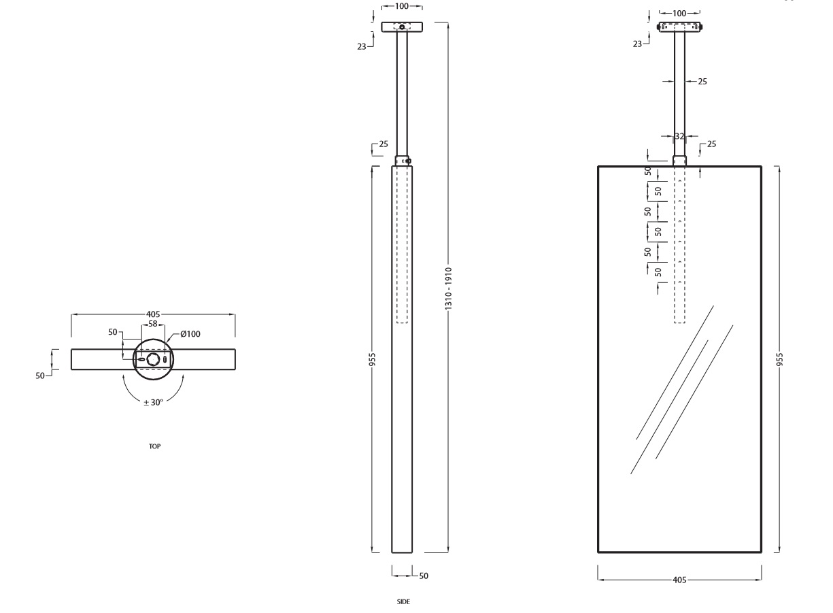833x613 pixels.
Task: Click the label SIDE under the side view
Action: [x=403, y=601]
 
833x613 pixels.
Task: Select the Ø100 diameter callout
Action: [x=190, y=334]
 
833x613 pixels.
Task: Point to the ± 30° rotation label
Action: [x=154, y=402]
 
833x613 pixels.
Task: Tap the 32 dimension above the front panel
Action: [x=679, y=136]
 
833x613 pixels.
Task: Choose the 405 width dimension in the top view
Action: [x=153, y=314]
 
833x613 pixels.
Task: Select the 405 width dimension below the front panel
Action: [x=679, y=580]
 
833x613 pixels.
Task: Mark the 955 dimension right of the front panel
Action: [x=779, y=359]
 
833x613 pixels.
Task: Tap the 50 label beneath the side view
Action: [x=423, y=576]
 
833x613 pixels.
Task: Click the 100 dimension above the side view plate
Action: [x=402, y=7]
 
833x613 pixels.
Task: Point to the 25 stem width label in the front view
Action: [x=702, y=82]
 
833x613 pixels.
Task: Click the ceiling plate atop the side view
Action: [x=402, y=27]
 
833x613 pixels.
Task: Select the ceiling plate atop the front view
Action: [x=680, y=27]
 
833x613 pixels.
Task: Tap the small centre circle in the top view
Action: [x=154, y=359]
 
